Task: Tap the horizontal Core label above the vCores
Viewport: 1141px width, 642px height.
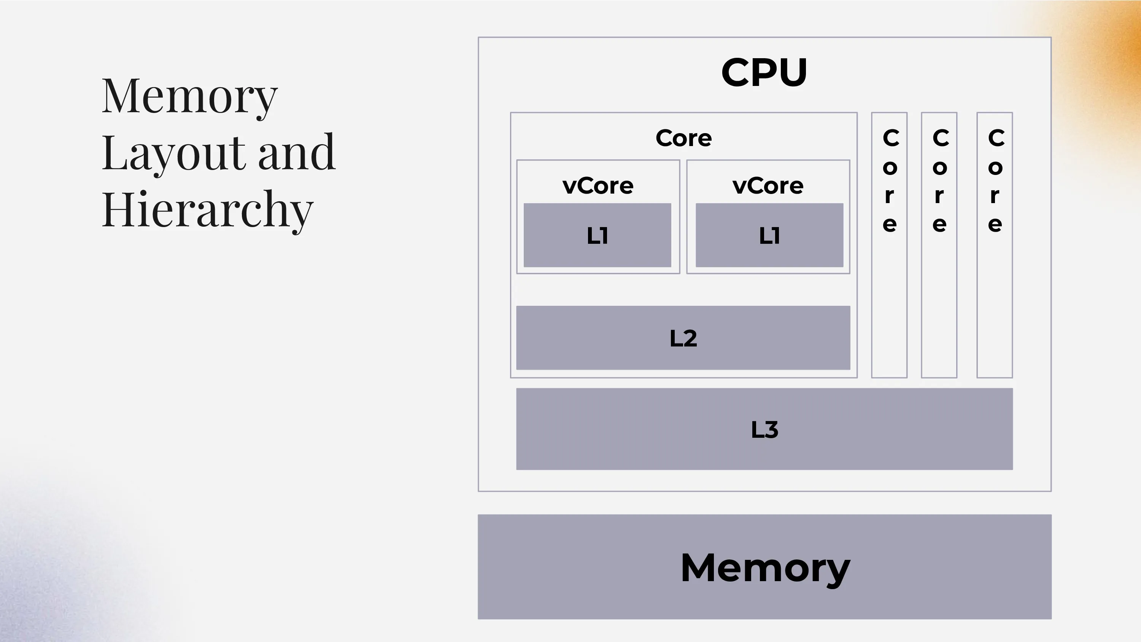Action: pos(683,138)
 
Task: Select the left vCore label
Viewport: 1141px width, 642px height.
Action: pos(598,185)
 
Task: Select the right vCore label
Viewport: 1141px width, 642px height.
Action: pos(768,185)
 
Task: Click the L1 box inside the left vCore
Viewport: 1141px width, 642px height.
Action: pos(597,235)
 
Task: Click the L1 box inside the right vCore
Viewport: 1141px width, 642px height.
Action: pos(769,235)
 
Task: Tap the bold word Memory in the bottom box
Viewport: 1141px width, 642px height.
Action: pos(765,567)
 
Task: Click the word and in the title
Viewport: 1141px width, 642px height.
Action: pos(296,153)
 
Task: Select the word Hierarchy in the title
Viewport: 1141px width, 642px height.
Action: pos(207,209)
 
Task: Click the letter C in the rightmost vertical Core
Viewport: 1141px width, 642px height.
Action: pos(996,138)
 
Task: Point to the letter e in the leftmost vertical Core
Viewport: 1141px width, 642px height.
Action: pos(890,224)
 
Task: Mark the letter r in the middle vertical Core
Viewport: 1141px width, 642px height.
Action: pos(939,195)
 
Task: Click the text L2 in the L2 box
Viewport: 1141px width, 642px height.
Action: pos(683,338)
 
